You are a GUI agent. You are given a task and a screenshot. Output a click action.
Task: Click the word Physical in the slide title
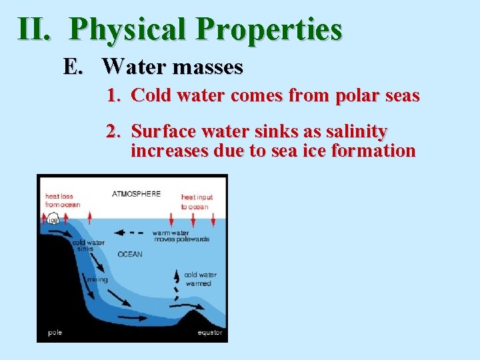[x=127, y=29]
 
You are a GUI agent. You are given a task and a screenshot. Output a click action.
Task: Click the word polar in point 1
[x=358, y=96]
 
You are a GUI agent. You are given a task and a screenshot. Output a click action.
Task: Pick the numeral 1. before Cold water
[x=114, y=96]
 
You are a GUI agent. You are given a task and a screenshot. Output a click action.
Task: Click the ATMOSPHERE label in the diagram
[x=136, y=194]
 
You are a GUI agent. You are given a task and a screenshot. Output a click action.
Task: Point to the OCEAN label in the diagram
[x=130, y=254]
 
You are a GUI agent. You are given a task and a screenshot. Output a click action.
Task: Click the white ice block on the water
[x=53, y=220]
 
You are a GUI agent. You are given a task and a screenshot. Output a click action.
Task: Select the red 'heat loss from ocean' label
[x=62, y=200]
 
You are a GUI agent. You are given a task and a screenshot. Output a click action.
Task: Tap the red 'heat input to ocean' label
[x=196, y=201]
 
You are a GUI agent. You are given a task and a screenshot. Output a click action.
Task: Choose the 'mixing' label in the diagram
[x=97, y=279]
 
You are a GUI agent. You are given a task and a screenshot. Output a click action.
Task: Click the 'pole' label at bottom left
[x=55, y=332]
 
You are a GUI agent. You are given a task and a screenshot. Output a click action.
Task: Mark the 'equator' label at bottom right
[x=209, y=332]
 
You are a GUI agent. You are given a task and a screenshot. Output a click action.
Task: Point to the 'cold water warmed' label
[x=200, y=279]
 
